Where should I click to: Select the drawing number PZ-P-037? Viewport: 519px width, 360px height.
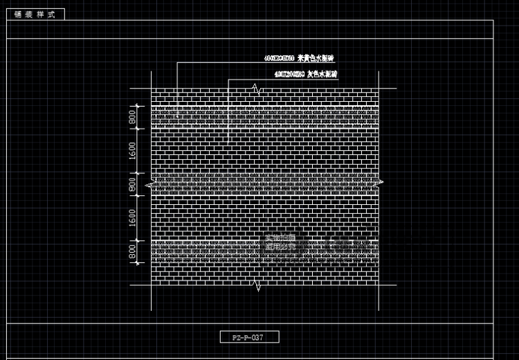pyautogui.click(x=251, y=337)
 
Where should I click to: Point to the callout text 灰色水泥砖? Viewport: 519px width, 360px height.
pyautogui.click(x=322, y=73)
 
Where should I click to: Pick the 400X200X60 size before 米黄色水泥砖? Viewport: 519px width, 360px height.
pyautogui.click(x=279, y=57)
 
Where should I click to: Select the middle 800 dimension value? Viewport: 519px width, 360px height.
pyautogui.click(x=132, y=185)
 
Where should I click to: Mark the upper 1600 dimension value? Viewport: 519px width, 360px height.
pyautogui.click(x=132, y=150)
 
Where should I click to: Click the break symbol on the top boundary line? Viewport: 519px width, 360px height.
pyautogui.click(x=257, y=89)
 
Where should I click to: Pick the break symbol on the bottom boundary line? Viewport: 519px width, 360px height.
pyautogui.click(x=257, y=285)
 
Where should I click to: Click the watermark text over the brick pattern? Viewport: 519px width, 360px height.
pyautogui.click(x=280, y=242)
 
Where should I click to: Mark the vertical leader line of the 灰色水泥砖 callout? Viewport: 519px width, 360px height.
pyautogui.click(x=228, y=111)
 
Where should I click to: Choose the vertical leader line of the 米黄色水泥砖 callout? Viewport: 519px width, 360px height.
pyautogui.click(x=176, y=87)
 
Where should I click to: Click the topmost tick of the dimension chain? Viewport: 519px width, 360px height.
pyautogui.click(x=137, y=105)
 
